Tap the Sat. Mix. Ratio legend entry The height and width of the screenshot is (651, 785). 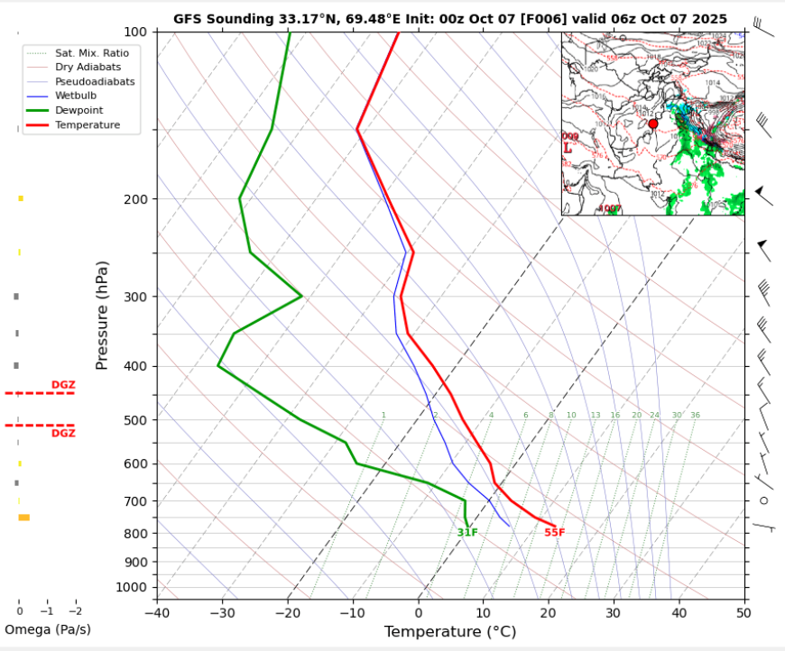88,52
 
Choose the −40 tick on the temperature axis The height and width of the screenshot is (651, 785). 157,614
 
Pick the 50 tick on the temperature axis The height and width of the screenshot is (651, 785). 743,614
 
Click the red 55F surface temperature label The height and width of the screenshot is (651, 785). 554,533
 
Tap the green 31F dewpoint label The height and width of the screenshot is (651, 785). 467,533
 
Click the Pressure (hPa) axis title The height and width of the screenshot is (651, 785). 102,316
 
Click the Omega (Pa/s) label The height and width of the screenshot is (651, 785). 48,629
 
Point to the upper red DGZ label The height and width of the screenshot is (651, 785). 63,385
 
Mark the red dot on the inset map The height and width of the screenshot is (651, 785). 653,124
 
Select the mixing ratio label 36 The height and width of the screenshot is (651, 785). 695,416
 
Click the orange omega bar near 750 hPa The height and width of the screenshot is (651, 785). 24,518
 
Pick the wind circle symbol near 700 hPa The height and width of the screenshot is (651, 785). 763,500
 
